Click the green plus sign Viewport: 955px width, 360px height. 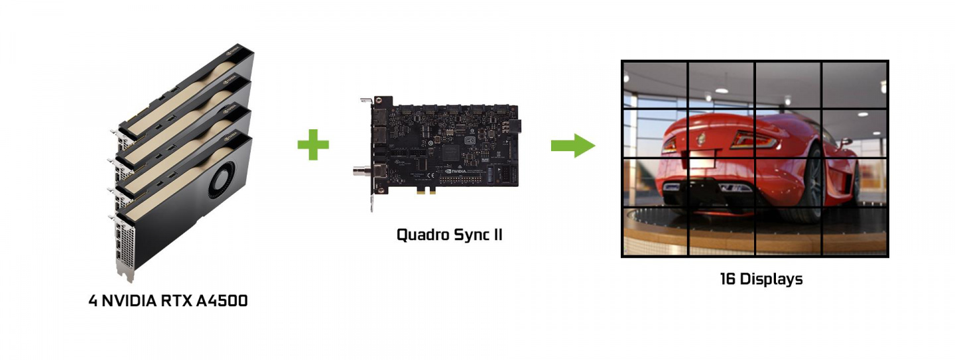[x=313, y=145]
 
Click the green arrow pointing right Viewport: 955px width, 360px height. [x=572, y=145]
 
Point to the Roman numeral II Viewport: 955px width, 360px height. [x=496, y=235]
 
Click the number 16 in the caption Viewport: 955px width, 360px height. [x=728, y=279]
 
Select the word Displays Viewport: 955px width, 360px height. [x=771, y=279]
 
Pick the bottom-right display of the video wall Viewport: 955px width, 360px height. [x=854, y=231]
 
